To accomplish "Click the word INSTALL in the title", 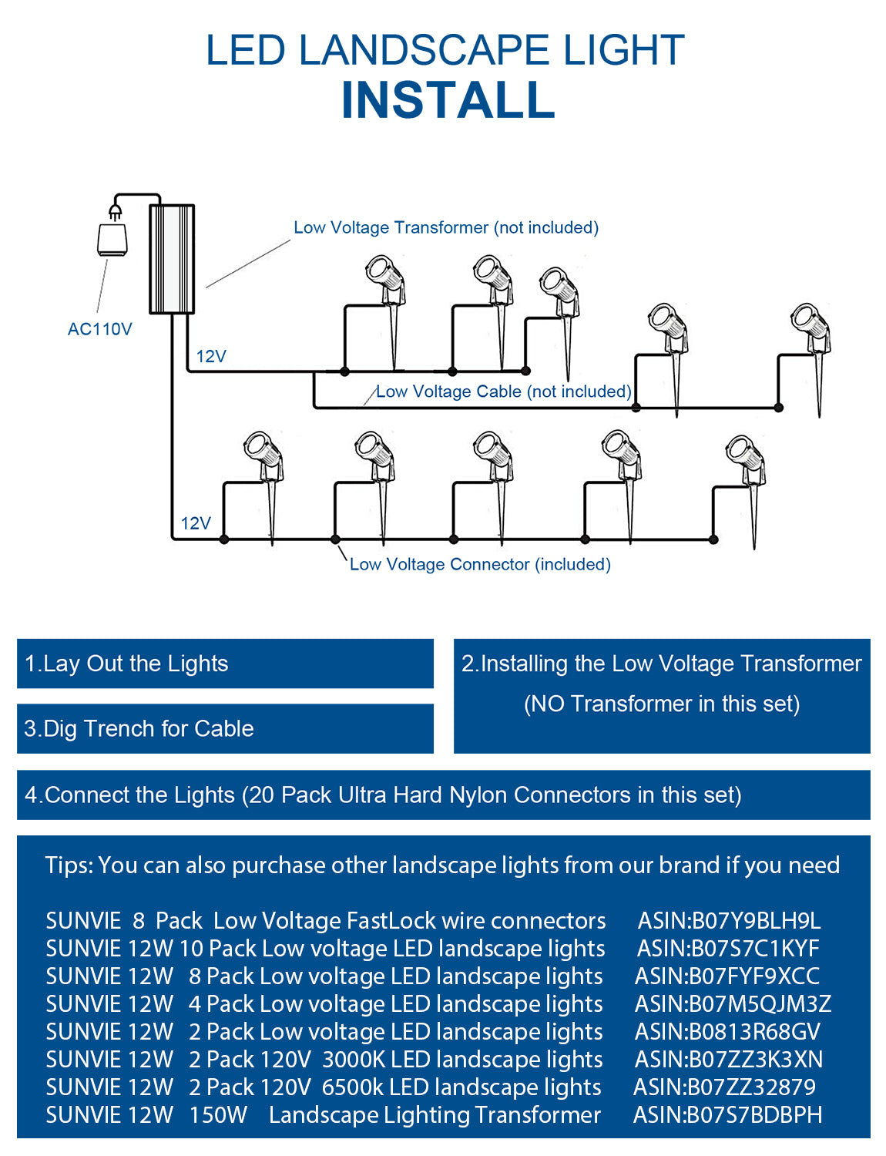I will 448,101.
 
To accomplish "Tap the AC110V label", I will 99,329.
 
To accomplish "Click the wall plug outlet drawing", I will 112,236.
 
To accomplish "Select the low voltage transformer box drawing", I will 171,259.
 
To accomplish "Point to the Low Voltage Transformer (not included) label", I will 445,227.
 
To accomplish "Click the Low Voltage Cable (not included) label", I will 503,391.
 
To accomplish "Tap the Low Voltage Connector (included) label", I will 479,564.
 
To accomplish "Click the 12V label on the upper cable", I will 210,356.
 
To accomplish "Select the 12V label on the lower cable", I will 195,523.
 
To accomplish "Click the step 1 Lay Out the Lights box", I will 224,664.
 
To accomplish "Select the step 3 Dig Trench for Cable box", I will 224,728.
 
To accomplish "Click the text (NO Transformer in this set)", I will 661,704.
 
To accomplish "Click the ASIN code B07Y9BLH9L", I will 729,921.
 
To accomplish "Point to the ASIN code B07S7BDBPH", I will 727,1115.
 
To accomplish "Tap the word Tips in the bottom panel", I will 69,865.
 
